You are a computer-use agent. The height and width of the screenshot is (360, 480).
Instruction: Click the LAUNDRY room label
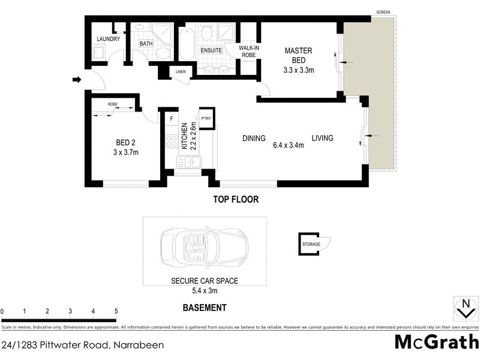[109, 40]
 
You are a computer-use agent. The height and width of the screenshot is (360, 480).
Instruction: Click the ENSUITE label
[211, 50]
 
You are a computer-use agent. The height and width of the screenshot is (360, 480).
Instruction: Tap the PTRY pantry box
[206, 118]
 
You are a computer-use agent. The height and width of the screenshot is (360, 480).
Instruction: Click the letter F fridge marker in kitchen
[171, 119]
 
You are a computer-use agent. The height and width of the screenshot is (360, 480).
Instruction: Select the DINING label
[254, 139]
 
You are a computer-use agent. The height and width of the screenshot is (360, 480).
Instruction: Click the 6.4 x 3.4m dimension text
[288, 145]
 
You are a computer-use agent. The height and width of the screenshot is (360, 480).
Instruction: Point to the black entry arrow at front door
[76, 80]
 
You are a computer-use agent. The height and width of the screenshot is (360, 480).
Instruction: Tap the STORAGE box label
[311, 244]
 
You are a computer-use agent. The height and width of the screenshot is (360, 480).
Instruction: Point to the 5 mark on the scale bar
[116, 311]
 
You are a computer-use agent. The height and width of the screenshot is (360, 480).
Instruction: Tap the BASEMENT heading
[204, 308]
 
